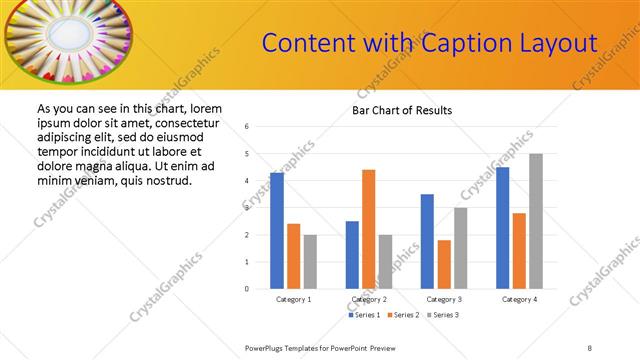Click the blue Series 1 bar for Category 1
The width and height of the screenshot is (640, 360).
pos(277,231)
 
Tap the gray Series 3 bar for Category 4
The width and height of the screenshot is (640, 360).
pos(536,221)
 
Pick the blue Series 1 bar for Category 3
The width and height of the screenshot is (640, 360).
pos(427,241)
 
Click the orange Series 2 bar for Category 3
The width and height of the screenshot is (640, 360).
pos(444,264)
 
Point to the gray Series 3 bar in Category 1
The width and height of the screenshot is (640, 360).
pos(310,262)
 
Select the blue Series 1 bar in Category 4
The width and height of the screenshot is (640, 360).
pos(502,228)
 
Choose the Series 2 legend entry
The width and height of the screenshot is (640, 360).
pos(402,316)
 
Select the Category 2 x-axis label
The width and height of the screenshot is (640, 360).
pos(368,299)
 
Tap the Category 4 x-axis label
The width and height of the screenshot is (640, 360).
pos(519,299)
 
